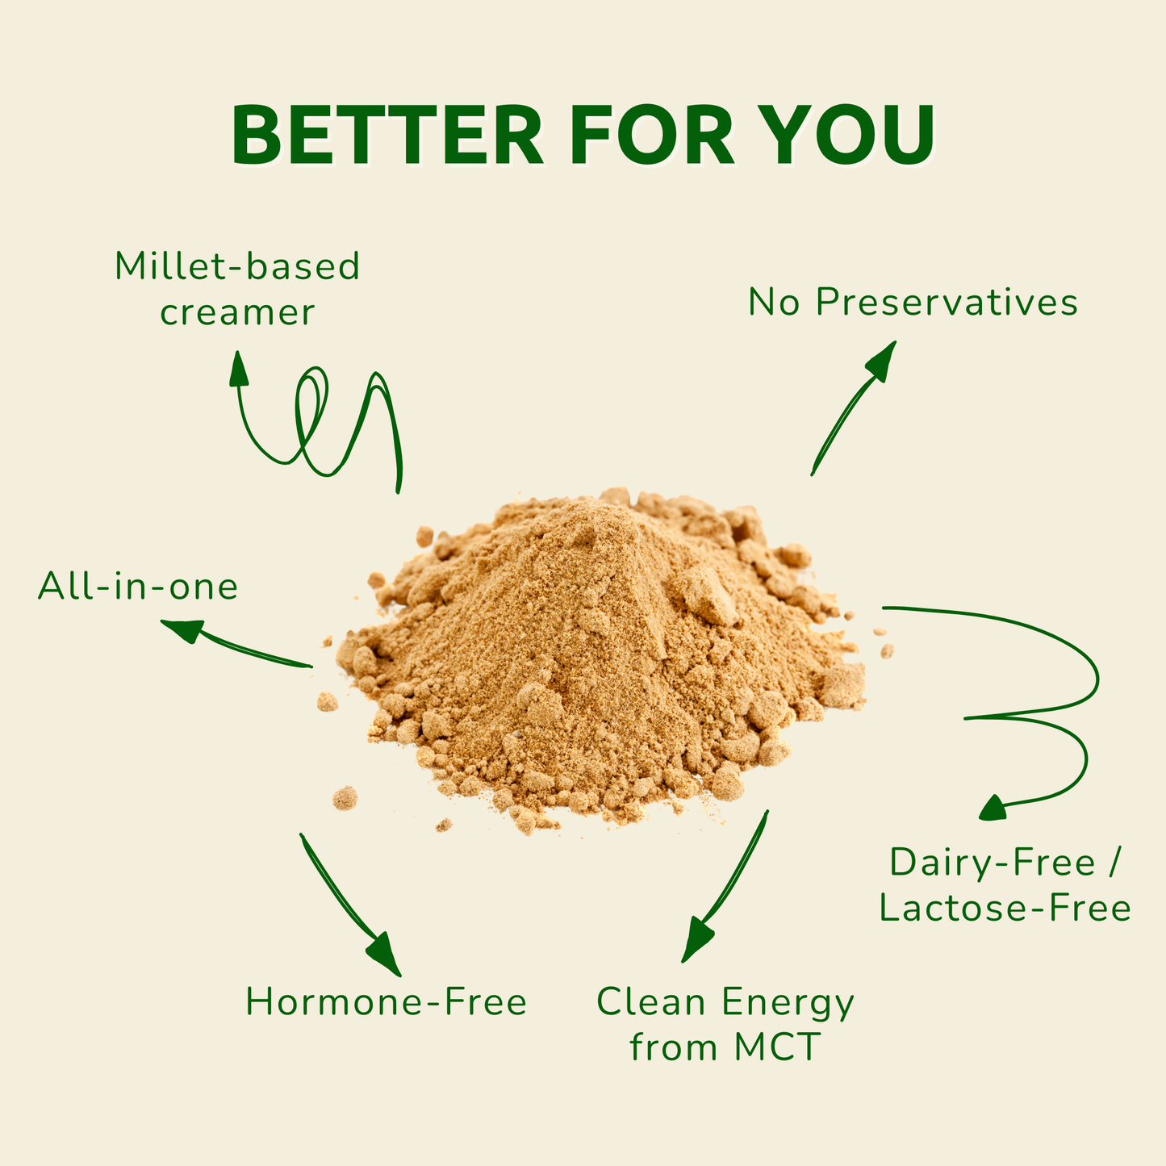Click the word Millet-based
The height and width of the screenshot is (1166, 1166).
tap(237, 267)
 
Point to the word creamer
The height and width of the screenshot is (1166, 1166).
tap(237, 313)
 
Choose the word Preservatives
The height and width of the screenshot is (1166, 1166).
tap(947, 303)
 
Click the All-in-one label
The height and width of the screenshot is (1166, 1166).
tap(138, 587)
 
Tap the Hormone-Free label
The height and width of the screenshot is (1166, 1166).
tap(386, 1002)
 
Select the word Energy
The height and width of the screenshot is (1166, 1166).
tap(788, 1002)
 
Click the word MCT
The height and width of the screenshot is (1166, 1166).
tap(778, 1048)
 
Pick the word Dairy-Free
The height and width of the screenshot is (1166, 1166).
tap(993, 863)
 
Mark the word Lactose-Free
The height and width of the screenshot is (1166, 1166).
tap(1005, 909)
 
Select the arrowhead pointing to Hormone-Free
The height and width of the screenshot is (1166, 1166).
tap(386, 955)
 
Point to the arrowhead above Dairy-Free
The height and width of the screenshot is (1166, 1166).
tap(993, 807)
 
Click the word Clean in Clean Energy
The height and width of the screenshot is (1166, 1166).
tap(651, 1002)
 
